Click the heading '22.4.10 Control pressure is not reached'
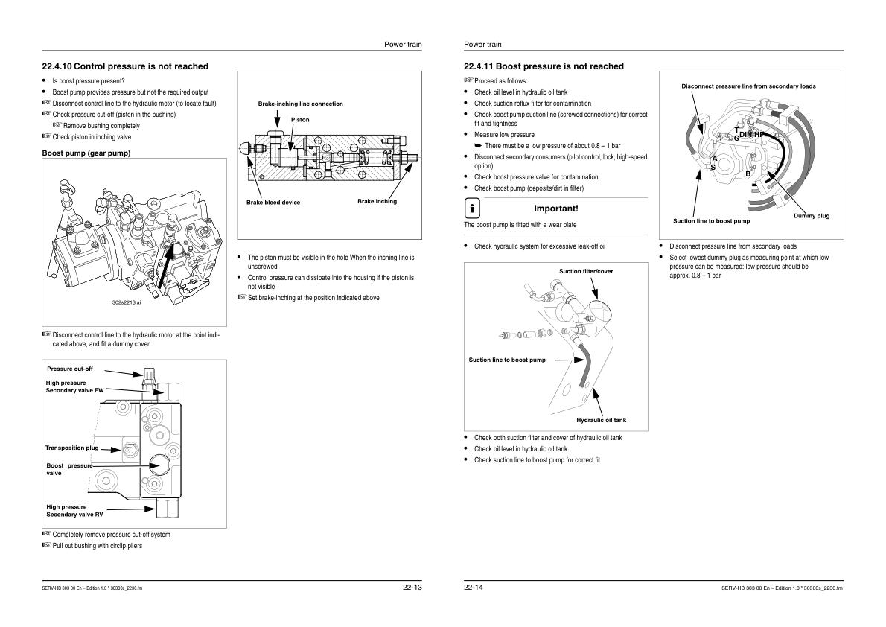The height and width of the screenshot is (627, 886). (125, 66)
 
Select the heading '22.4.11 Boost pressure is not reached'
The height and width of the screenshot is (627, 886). (544, 66)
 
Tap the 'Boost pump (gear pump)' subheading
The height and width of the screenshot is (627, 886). (86, 153)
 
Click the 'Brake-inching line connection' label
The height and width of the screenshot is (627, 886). (300, 104)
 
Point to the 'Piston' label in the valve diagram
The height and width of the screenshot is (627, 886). (300, 119)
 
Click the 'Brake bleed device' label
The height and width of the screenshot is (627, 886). (273, 203)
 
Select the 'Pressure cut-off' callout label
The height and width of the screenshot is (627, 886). (70, 369)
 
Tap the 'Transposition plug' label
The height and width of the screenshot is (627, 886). (71, 448)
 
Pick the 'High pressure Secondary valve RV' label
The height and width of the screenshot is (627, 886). (74, 510)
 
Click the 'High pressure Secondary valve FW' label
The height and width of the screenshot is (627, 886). (74, 386)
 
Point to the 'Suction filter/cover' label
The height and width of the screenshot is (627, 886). (586, 271)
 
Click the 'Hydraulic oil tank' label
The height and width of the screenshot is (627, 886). (601, 420)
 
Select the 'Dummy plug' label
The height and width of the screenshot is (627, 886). (811, 216)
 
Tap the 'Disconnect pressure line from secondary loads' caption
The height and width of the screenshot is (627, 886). (748, 86)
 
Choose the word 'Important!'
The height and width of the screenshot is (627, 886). (556, 209)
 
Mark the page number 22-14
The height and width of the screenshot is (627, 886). (474, 588)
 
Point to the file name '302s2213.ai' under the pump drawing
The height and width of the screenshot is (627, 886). (126, 302)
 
